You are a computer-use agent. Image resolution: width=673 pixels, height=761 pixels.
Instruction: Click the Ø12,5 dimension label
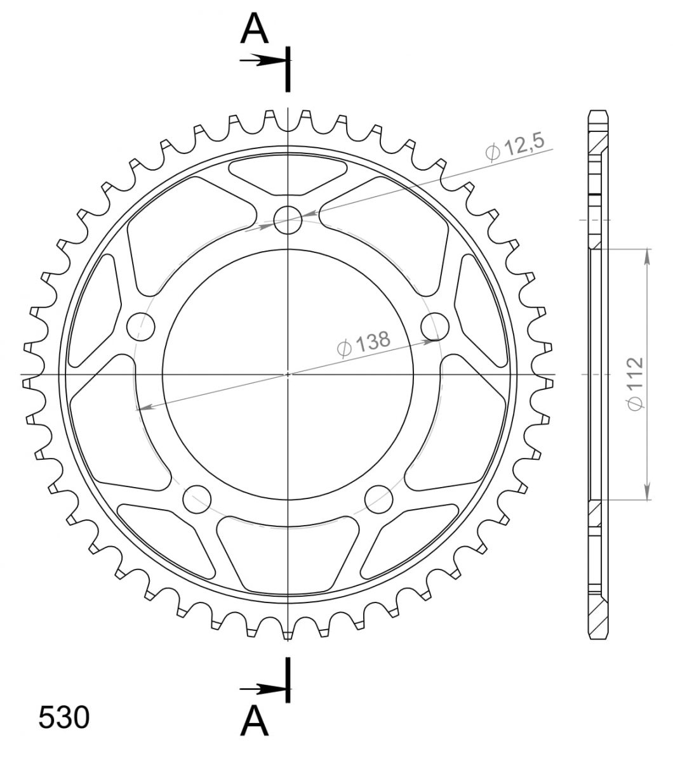click(x=515, y=147)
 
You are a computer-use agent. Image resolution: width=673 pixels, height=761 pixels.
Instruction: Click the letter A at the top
click(x=255, y=29)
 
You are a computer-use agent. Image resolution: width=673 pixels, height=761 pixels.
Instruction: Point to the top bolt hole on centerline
click(x=288, y=220)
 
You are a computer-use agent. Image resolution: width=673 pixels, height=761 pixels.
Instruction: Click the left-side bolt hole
click(x=141, y=327)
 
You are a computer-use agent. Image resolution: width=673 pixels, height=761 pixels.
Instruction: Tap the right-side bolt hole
click(x=435, y=327)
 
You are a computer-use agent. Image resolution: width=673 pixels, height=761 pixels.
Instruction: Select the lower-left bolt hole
click(x=197, y=499)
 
